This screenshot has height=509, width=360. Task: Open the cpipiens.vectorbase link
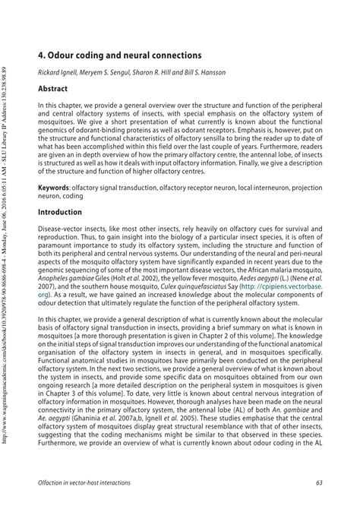301,289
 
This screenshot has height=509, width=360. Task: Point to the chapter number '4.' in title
43,55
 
